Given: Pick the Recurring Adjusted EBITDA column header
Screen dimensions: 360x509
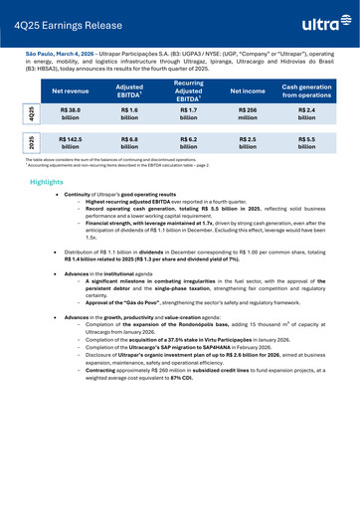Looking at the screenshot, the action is point(188,89).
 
